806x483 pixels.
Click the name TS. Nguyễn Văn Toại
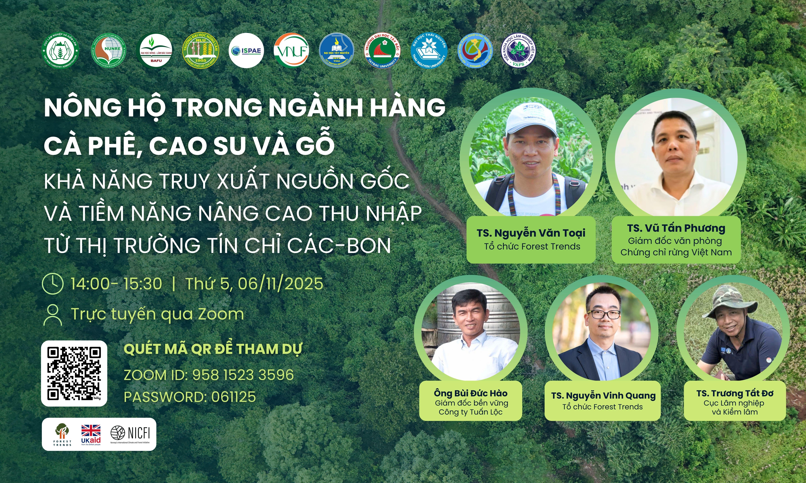[531, 233]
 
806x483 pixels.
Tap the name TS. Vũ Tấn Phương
[676, 228]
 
